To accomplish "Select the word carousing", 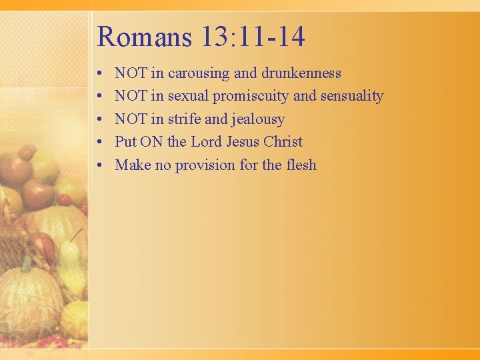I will (198, 73).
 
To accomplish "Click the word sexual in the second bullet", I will (188, 96).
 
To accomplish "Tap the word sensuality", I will (351, 96).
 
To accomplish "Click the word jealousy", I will (257, 119).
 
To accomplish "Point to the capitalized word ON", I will (151, 142).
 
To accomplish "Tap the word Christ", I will (283, 142).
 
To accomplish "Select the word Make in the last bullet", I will (133, 165).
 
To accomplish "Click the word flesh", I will (301, 165).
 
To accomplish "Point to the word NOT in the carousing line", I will (131, 73).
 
